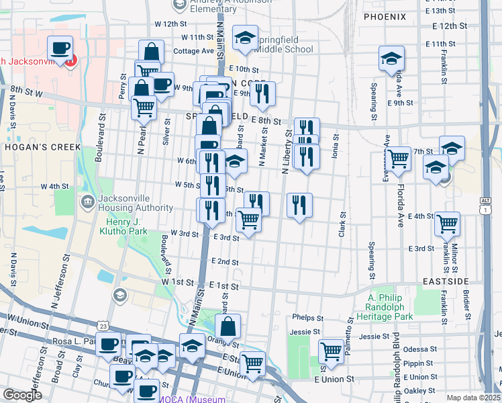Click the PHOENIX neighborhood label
tap(385, 15)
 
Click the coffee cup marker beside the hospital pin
tap(60, 48)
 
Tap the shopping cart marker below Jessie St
tap(331, 351)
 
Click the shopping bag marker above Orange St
tap(228, 327)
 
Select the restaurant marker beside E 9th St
tap(262, 94)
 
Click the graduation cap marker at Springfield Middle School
tap(246, 38)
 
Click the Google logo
tap(22, 396)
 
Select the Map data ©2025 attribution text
tap(472, 398)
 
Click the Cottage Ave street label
tap(193, 51)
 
